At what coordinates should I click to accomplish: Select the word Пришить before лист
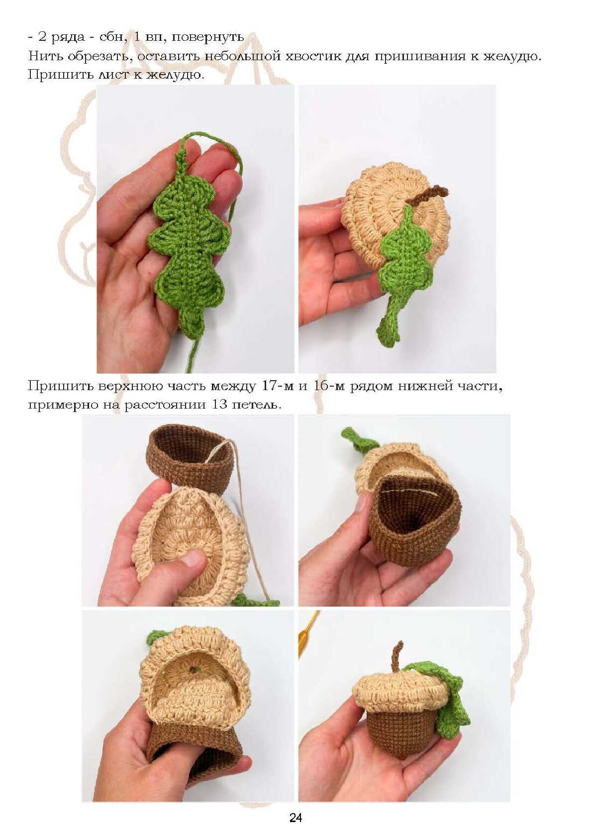[60, 75]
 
